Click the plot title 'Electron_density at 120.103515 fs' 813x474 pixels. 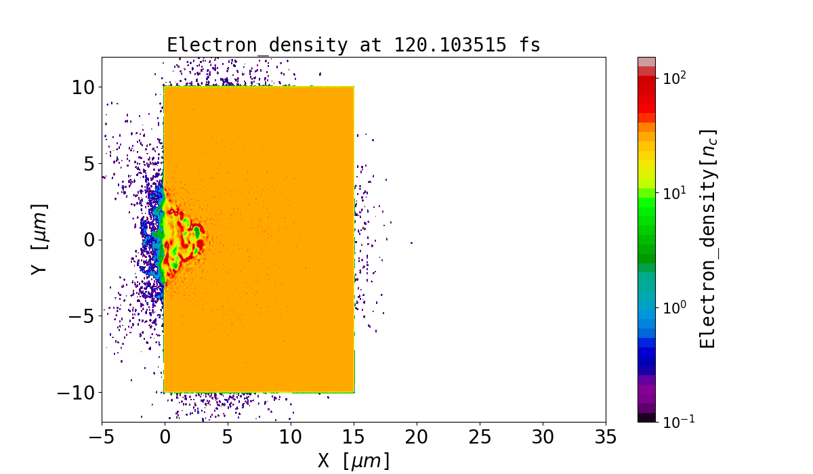tap(353, 45)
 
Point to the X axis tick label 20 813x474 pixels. tap(417, 437)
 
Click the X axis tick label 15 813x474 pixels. tap(354, 437)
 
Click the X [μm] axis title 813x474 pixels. tap(354, 460)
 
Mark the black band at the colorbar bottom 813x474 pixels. tap(646, 417)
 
